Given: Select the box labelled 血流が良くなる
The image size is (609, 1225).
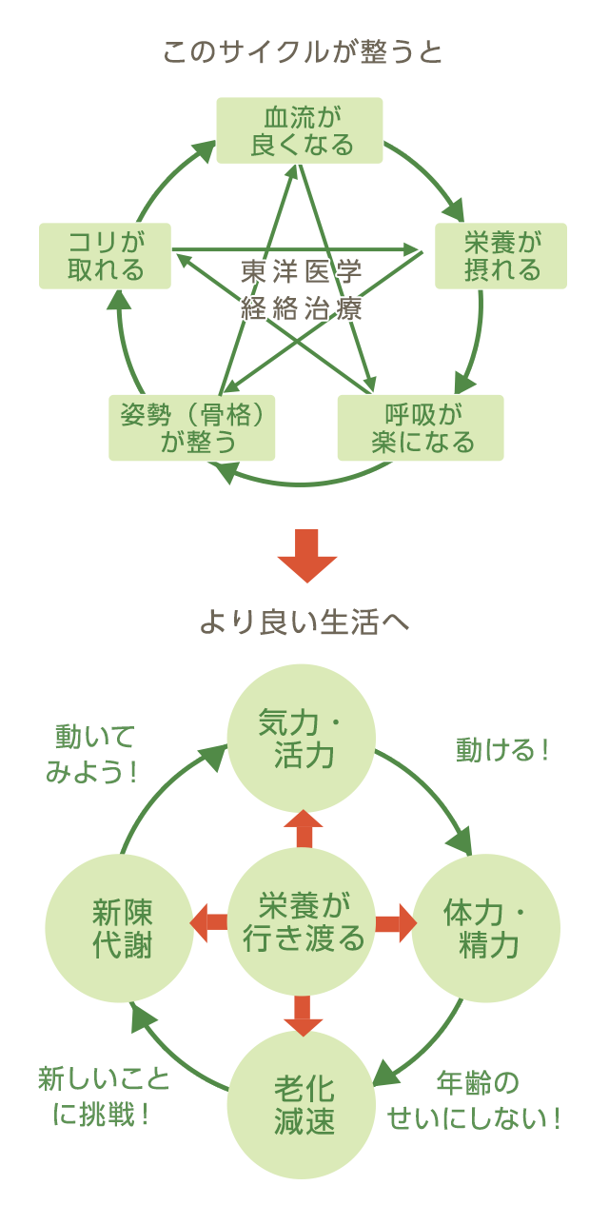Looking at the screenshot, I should coord(300,130).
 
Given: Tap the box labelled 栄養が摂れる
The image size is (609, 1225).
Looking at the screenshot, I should coord(501,256).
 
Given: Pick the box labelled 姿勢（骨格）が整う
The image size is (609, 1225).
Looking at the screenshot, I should coord(191,428).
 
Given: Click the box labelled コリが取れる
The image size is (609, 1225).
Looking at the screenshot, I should coord(105,256).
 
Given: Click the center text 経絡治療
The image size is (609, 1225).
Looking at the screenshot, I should coord(302,308).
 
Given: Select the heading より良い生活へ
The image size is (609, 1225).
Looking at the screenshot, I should coord(304,622).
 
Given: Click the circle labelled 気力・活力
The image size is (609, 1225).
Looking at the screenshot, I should coord(302,740).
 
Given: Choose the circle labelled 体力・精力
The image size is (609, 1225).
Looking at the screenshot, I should coord(486,928).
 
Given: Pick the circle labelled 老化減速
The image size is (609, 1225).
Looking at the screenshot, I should coord(303,1105).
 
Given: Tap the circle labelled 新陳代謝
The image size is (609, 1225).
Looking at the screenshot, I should coord(121,928).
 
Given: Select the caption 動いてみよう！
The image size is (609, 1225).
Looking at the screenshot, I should coord(93,753).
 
